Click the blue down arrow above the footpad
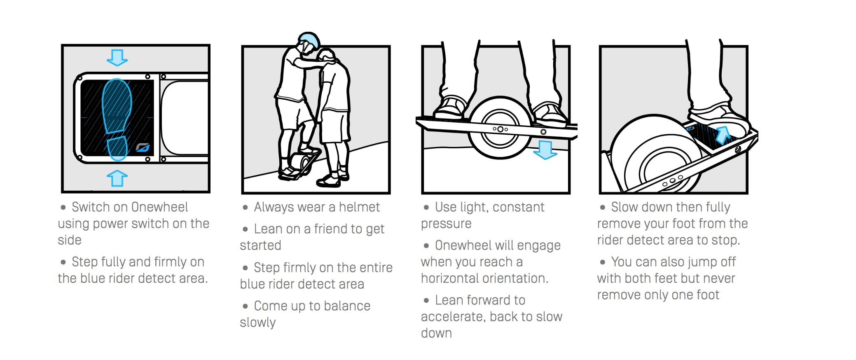click(117, 58)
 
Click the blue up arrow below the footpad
click(117, 178)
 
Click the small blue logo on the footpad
click(143, 147)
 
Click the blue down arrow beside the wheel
click(545, 150)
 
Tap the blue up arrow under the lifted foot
click(723, 134)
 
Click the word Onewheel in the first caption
click(159, 207)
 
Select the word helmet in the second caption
click(359, 207)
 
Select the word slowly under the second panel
click(258, 323)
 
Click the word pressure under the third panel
click(446, 224)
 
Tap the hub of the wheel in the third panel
click(500, 129)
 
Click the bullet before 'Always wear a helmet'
click(245, 208)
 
